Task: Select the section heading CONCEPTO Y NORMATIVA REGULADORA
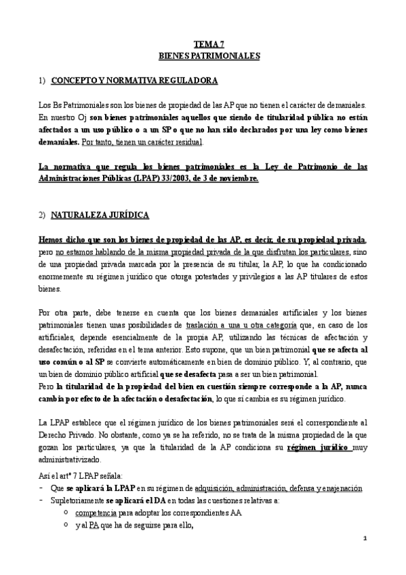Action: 134,81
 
